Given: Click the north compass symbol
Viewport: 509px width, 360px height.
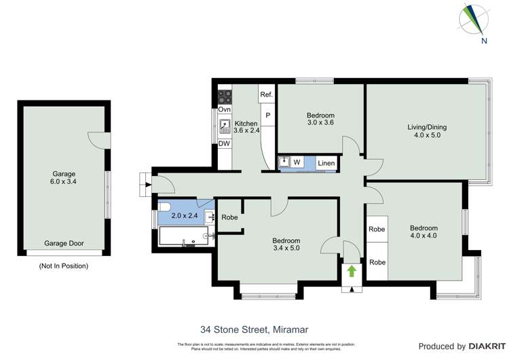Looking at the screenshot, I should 474,20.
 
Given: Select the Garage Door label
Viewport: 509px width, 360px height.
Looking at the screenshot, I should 64,242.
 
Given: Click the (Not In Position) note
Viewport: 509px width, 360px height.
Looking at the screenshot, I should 64,266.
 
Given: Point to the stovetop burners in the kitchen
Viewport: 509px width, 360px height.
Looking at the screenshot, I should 225,96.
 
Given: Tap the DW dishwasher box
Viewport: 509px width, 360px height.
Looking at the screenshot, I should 224,143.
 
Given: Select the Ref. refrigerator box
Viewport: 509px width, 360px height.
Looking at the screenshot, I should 266,94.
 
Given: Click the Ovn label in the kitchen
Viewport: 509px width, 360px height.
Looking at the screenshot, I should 224,109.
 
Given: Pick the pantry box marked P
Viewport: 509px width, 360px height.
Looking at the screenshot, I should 267,115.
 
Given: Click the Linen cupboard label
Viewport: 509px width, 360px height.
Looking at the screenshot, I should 326,163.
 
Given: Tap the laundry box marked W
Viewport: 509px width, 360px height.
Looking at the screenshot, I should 297,162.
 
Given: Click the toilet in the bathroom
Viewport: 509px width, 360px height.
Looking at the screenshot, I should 165,209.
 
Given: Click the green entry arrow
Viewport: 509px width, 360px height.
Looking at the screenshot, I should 352,272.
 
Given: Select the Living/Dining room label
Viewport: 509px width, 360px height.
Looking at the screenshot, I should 427,131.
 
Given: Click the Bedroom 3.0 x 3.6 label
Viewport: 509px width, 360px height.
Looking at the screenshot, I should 320,120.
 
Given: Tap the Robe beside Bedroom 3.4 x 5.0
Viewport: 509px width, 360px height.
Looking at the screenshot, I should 229,217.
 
